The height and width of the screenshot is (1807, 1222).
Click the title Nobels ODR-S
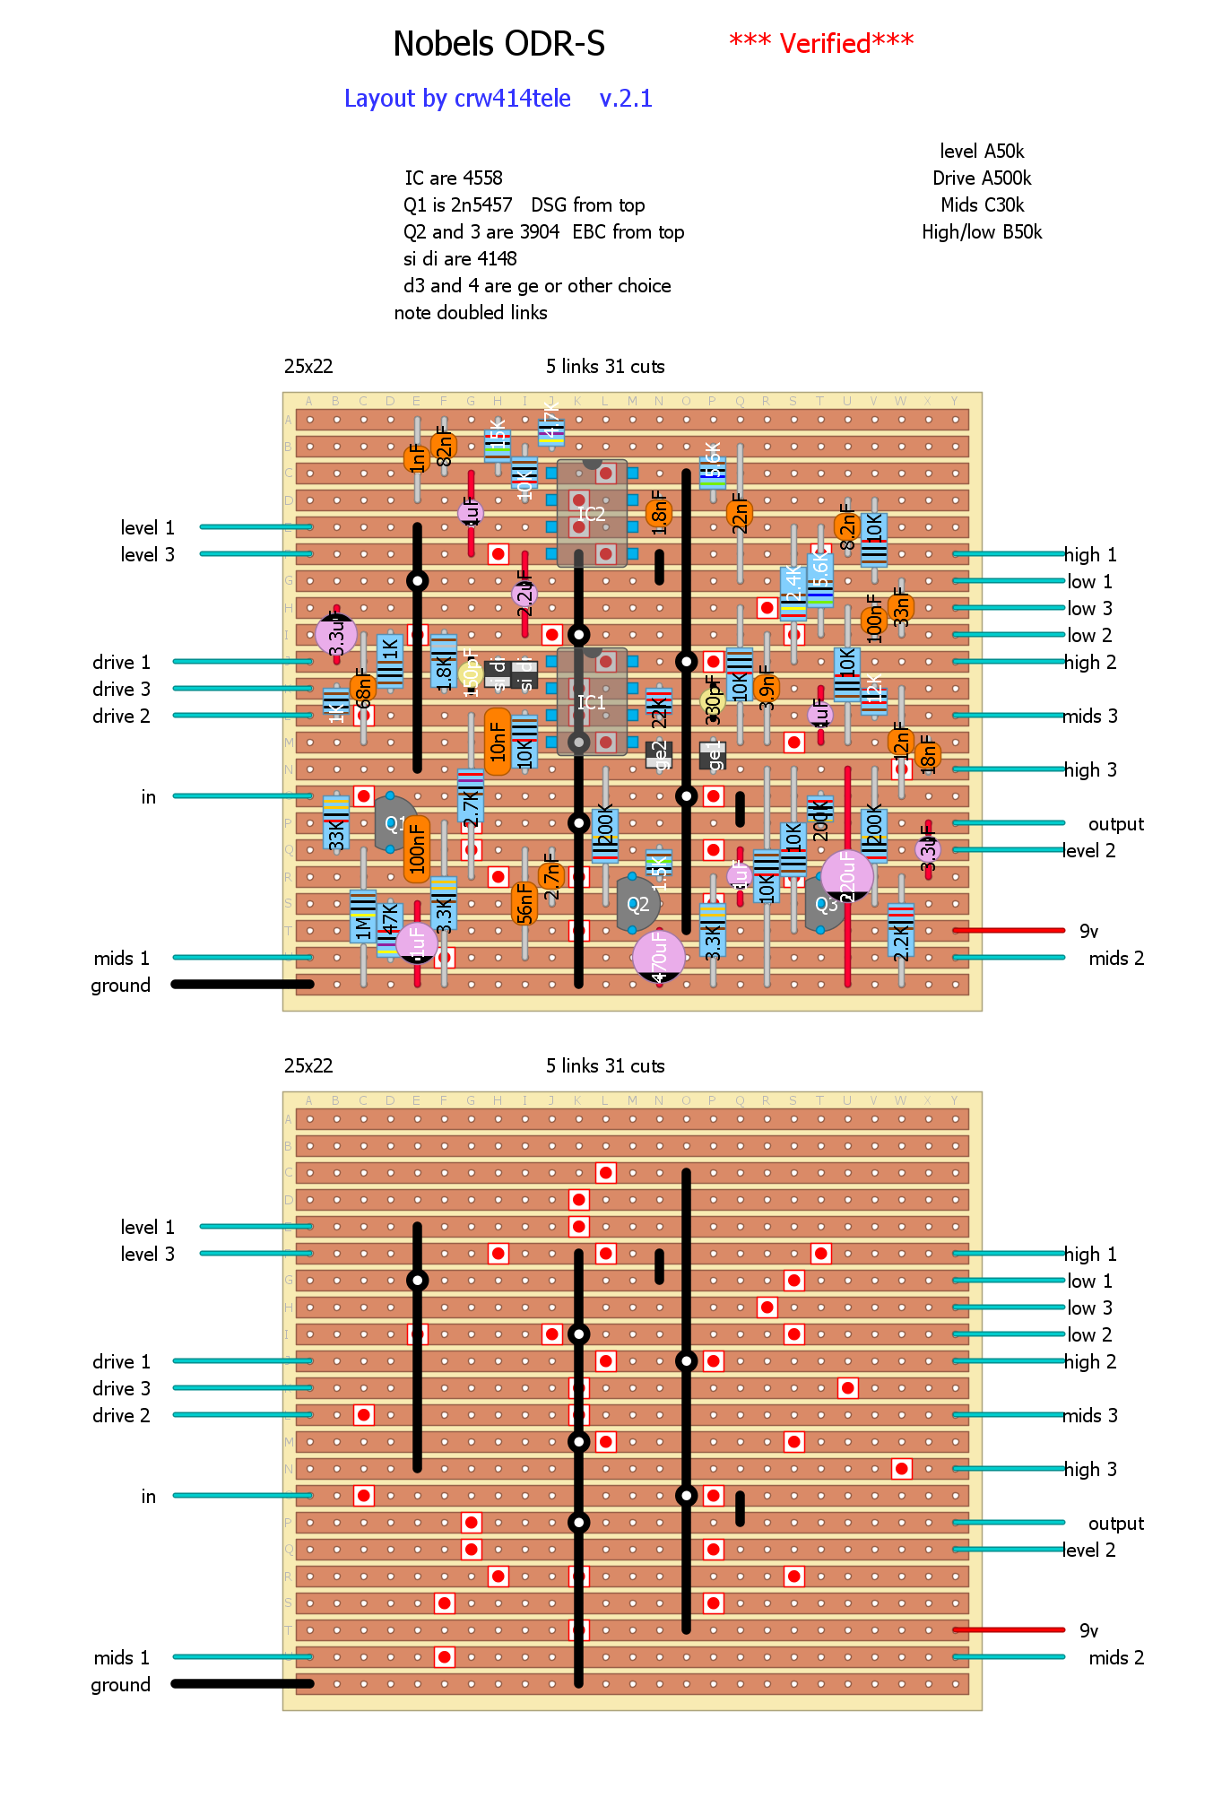tap(498, 44)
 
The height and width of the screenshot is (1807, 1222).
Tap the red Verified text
tap(820, 43)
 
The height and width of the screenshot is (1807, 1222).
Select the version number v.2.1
tap(626, 99)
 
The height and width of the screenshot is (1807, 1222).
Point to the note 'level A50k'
tap(982, 152)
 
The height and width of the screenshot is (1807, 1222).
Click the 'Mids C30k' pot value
tap(982, 205)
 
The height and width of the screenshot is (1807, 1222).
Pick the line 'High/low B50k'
tap(982, 232)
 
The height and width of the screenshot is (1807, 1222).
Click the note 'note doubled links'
tap(471, 313)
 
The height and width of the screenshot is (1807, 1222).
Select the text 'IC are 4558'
tap(453, 178)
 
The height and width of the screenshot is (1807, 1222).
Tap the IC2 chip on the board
tap(592, 514)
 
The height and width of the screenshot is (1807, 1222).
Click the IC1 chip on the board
tap(592, 702)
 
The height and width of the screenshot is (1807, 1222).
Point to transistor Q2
tap(637, 904)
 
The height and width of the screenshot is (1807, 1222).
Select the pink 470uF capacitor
tap(659, 956)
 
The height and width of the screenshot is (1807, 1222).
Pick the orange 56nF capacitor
tap(524, 904)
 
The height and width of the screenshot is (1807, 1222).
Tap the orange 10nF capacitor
tap(498, 742)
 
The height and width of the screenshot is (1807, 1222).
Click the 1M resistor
tap(363, 917)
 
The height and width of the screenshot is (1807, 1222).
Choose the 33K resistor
tap(336, 822)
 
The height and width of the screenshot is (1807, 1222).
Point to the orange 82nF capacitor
tap(444, 446)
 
